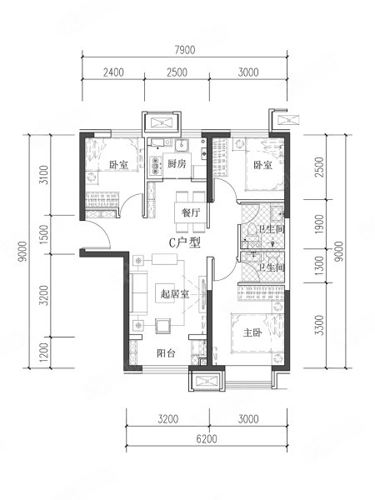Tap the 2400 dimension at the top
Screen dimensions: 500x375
coord(113,72)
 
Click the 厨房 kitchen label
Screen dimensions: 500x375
coord(176,165)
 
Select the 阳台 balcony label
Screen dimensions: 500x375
coord(167,352)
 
